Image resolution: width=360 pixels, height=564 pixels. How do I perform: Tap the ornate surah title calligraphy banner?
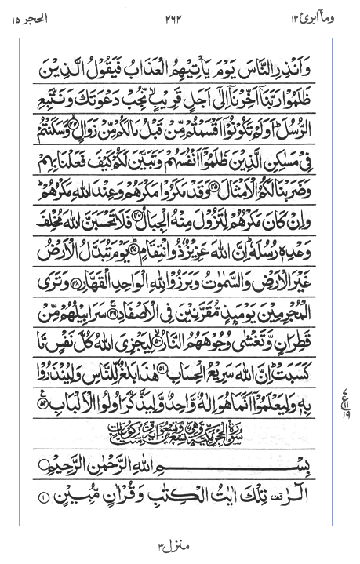click(180, 430)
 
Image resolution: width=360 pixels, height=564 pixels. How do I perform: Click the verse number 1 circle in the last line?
click(44, 497)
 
